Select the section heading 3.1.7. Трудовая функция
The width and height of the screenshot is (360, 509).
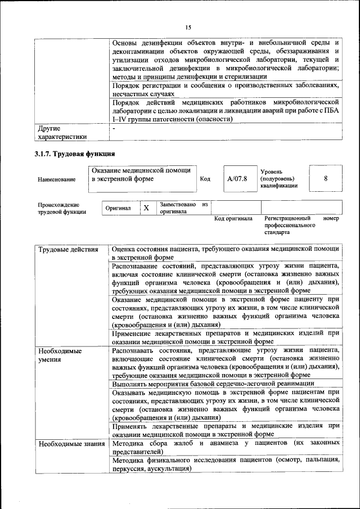(75, 154)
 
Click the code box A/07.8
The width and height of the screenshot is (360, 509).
(237, 179)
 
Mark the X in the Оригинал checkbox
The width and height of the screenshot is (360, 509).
(146, 208)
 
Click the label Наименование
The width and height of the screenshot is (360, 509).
(56, 179)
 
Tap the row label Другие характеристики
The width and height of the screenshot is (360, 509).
(62, 132)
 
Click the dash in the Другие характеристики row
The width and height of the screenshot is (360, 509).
(114, 129)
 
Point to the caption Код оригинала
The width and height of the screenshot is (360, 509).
(233, 218)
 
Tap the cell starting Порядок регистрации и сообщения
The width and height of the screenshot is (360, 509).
(226, 90)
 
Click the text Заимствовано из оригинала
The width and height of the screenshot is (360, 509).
(183, 208)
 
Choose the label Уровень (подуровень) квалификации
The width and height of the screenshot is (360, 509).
(278, 178)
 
